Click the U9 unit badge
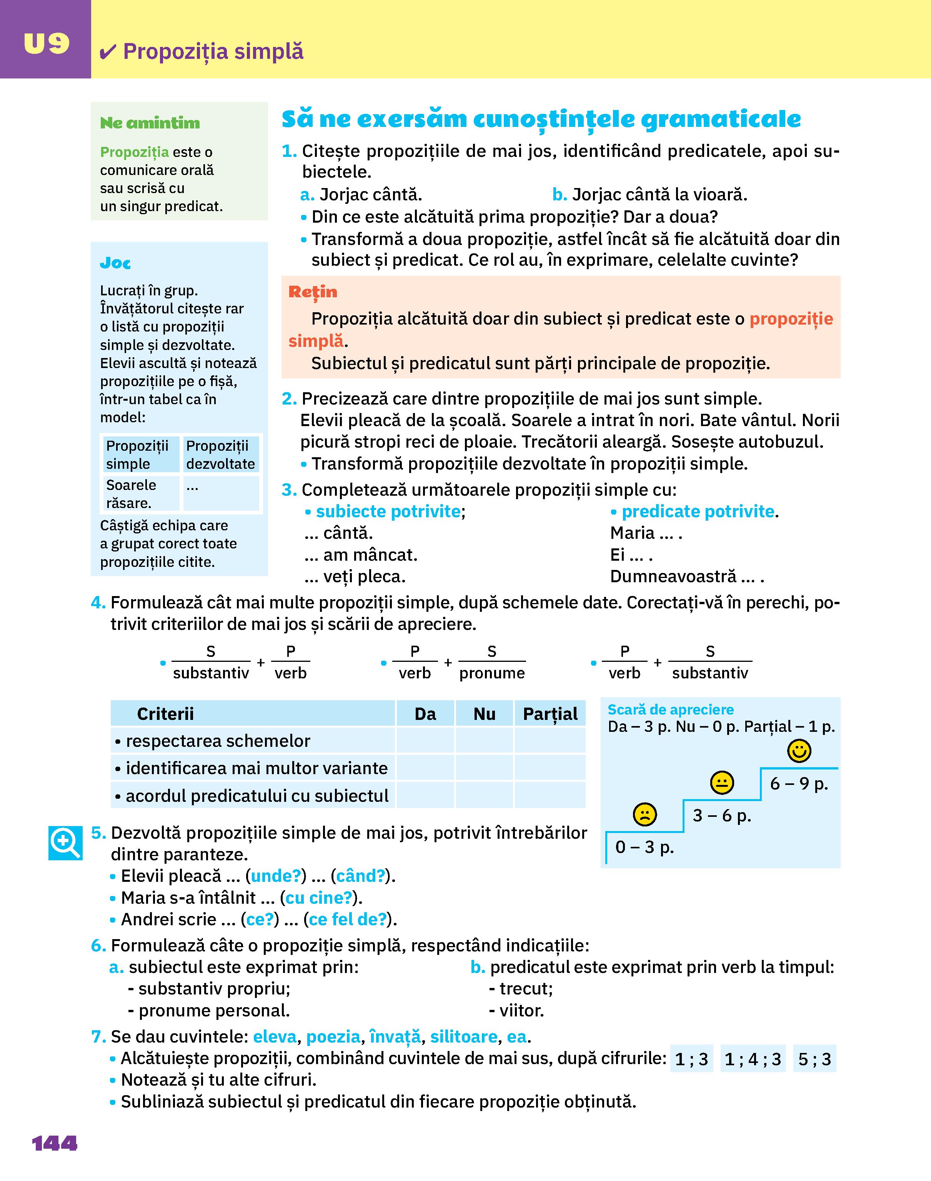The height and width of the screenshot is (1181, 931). point(46,43)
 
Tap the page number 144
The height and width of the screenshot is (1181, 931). point(55,1143)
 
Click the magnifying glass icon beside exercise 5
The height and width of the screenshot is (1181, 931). point(65,843)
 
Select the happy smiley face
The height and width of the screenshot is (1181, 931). point(799,751)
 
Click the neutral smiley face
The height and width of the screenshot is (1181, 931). point(722,783)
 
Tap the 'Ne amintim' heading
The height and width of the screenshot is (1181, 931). point(150,123)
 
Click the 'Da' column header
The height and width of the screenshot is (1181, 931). point(425,714)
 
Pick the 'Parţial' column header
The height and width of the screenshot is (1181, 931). point(550,714)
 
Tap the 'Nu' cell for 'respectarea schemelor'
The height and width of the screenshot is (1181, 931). point(484,741)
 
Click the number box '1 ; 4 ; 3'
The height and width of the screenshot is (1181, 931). point(753,1059)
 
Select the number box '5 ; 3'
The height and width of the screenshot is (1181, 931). point(814,1059)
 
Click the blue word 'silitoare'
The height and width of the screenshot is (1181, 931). point(463,1036)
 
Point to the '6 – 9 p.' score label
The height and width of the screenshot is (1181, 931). point(799,784)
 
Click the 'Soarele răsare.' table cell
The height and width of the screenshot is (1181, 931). point(140,494)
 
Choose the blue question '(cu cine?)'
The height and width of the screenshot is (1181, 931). point(318,898)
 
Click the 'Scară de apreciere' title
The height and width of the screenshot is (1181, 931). point(670,710)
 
